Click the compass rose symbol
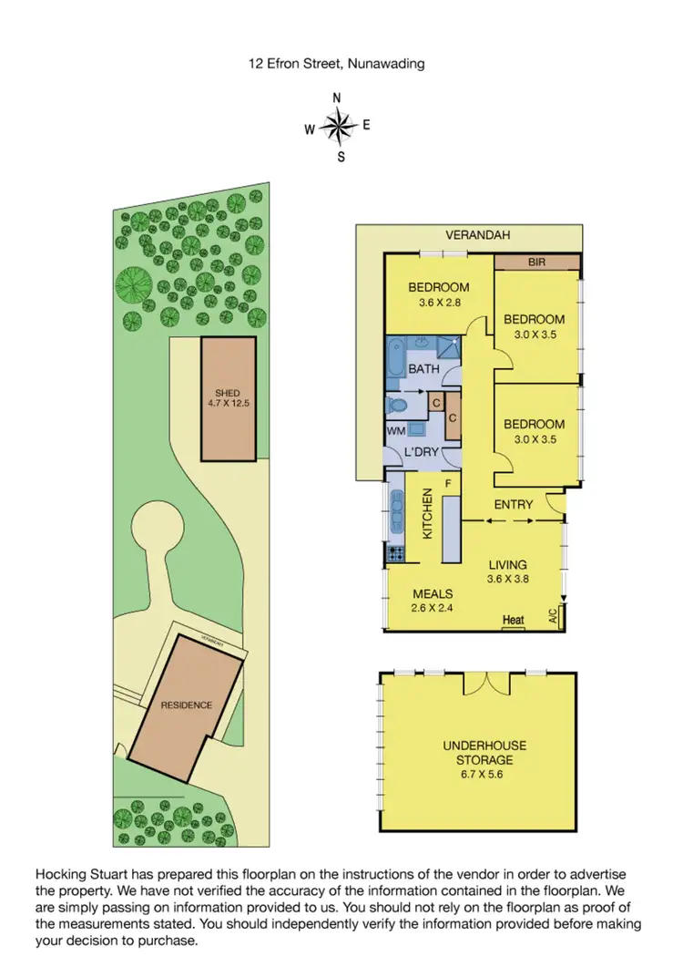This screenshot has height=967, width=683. [338, 128]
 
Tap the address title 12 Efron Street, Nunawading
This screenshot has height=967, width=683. [338, 64]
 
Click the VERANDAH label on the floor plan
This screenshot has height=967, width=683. [477, 235]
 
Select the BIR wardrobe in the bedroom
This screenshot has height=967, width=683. [536, 262]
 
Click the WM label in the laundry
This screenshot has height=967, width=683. [394, 428]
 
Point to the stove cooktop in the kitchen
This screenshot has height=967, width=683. [397, 552]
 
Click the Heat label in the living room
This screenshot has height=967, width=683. [514, 621]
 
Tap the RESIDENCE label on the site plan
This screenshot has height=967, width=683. [187, 705]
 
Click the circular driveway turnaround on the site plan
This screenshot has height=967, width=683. [160, 529]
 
